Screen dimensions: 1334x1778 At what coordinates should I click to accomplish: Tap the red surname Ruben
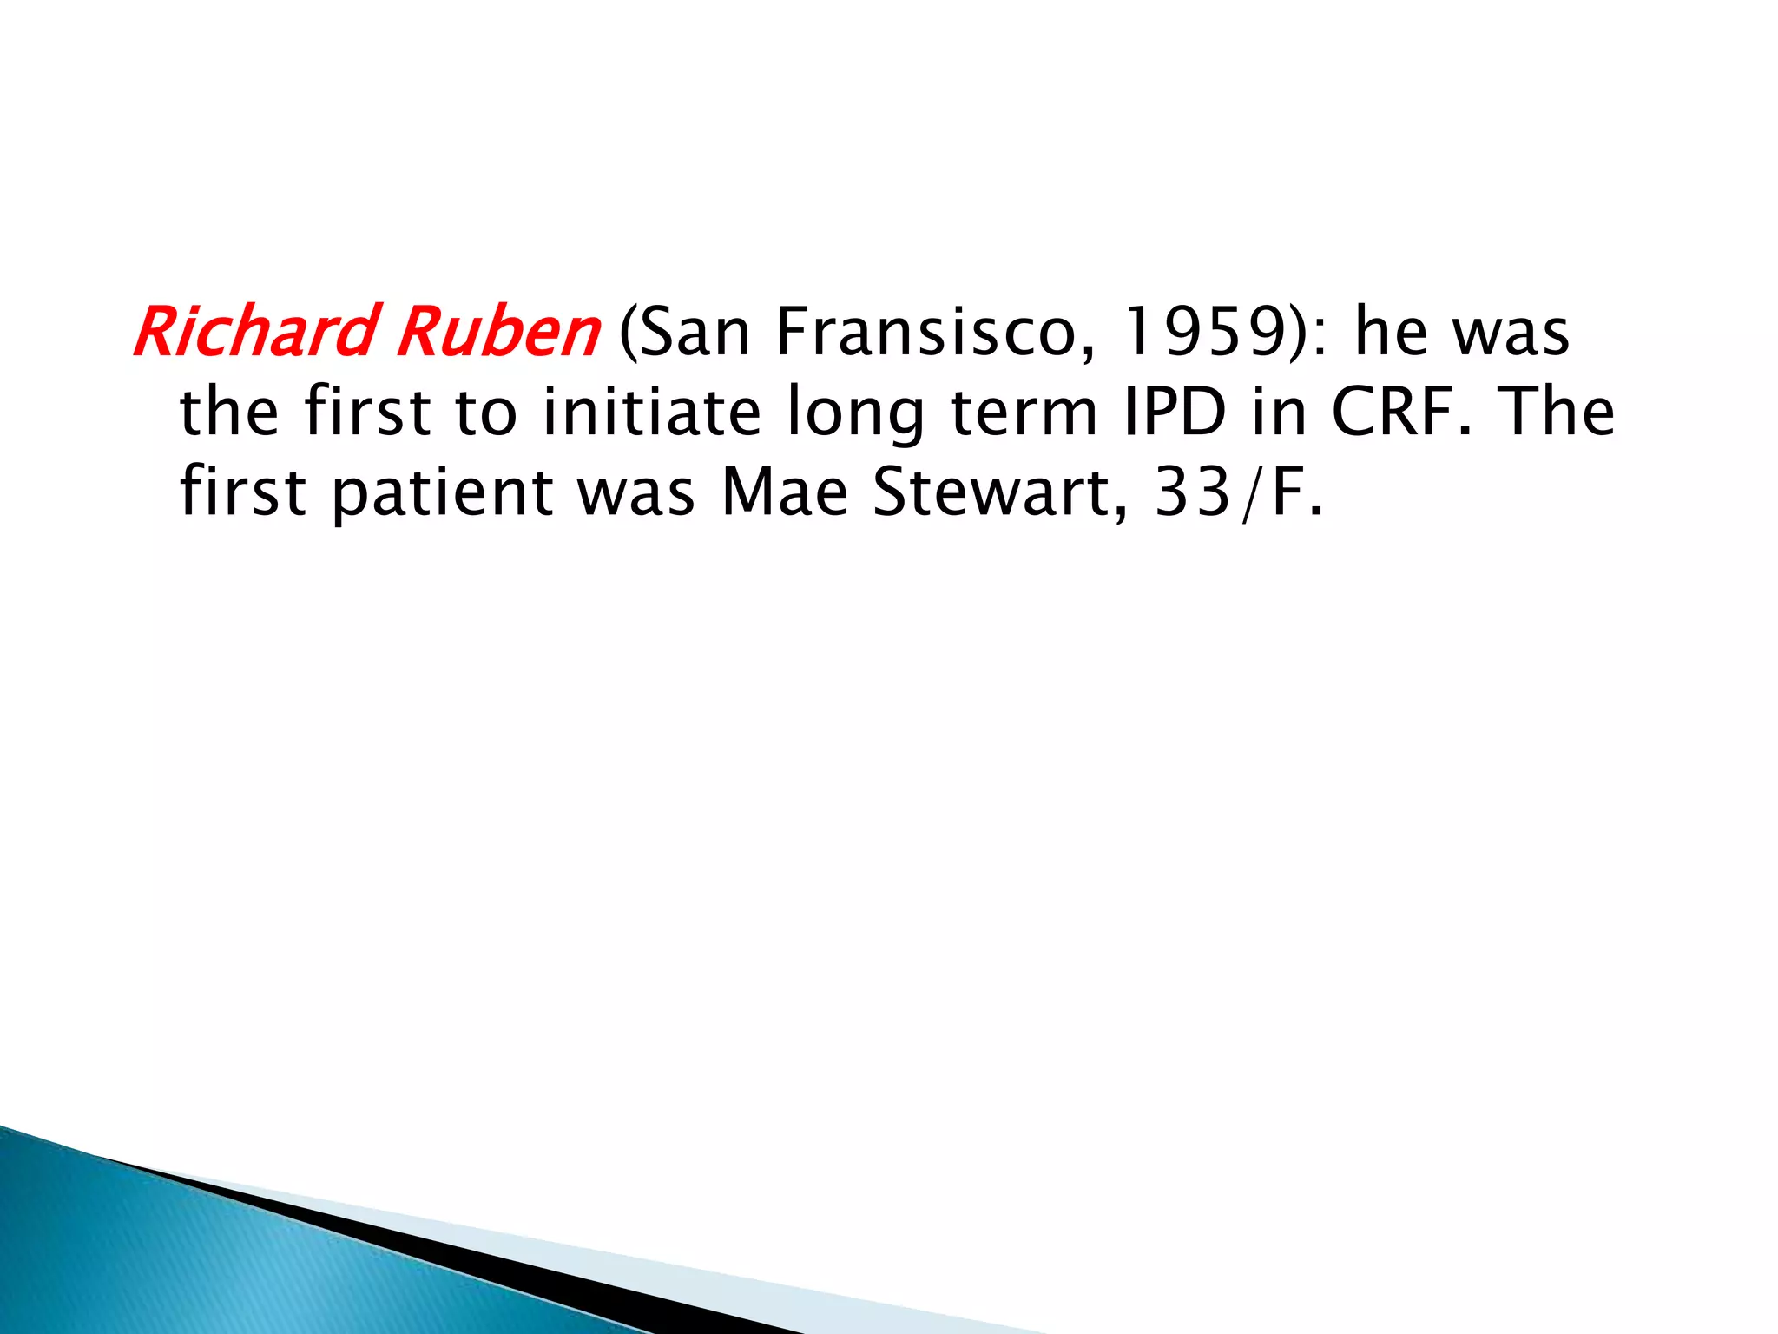497,333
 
